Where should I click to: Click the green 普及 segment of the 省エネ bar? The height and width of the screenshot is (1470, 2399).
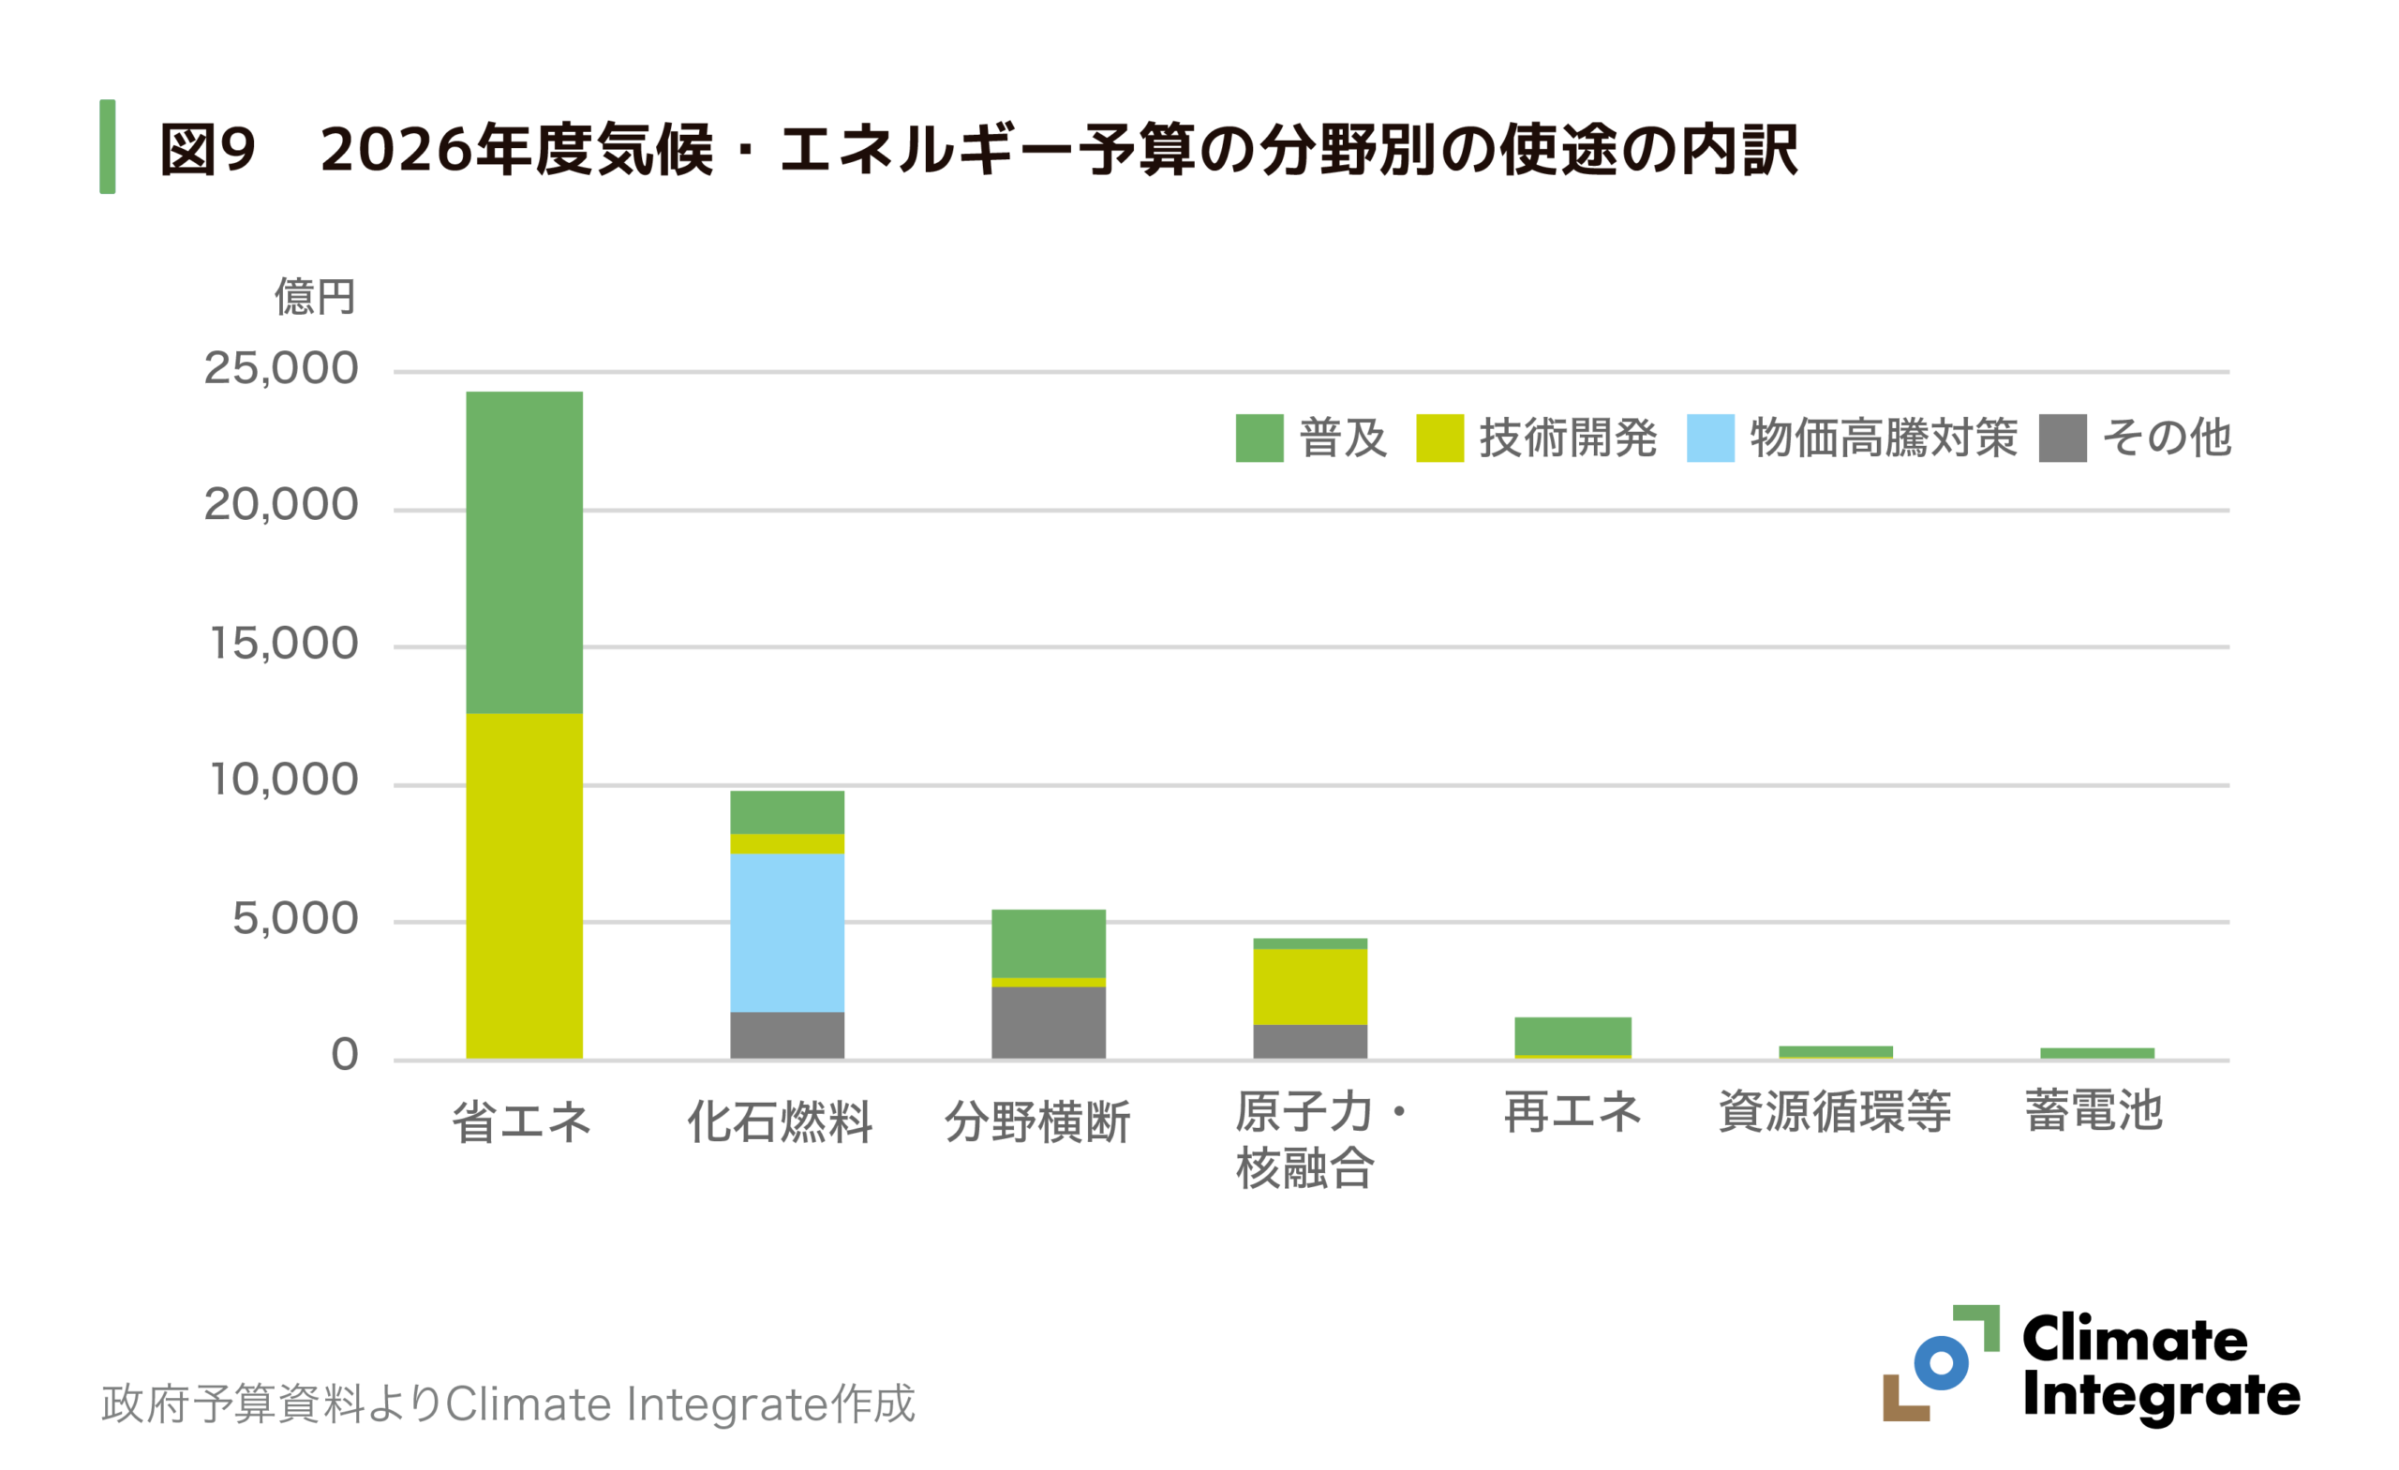[524, 552]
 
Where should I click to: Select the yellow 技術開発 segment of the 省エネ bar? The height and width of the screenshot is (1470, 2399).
[524, 885]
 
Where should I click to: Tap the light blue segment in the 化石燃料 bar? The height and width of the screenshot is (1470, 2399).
[786, 931]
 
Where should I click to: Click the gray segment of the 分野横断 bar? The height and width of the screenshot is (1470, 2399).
[1048, 1022]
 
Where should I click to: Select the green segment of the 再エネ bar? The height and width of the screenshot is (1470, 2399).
[1572, 1036]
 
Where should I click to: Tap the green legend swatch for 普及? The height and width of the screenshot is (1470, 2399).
[1259, 438]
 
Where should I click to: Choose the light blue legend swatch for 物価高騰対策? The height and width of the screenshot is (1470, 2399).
[1709, 438]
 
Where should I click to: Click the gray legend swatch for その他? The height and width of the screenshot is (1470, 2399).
[2063, 438]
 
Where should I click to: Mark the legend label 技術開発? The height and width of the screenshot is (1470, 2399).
[1568, 438]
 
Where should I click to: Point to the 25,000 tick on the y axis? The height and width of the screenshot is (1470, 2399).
[280, 369]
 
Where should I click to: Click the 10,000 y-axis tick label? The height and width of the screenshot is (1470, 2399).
[283, 780]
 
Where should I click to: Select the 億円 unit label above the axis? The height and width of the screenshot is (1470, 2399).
[314, 296]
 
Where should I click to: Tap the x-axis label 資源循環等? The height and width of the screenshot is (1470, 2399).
[1834, 1111]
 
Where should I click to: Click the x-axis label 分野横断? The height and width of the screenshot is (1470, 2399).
[1038, 1121]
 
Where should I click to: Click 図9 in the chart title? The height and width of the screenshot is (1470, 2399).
[207, 150]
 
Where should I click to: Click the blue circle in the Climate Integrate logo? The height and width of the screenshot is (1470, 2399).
[1941, 1363]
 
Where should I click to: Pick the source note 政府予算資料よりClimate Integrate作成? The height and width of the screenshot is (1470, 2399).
[508, 1403]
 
